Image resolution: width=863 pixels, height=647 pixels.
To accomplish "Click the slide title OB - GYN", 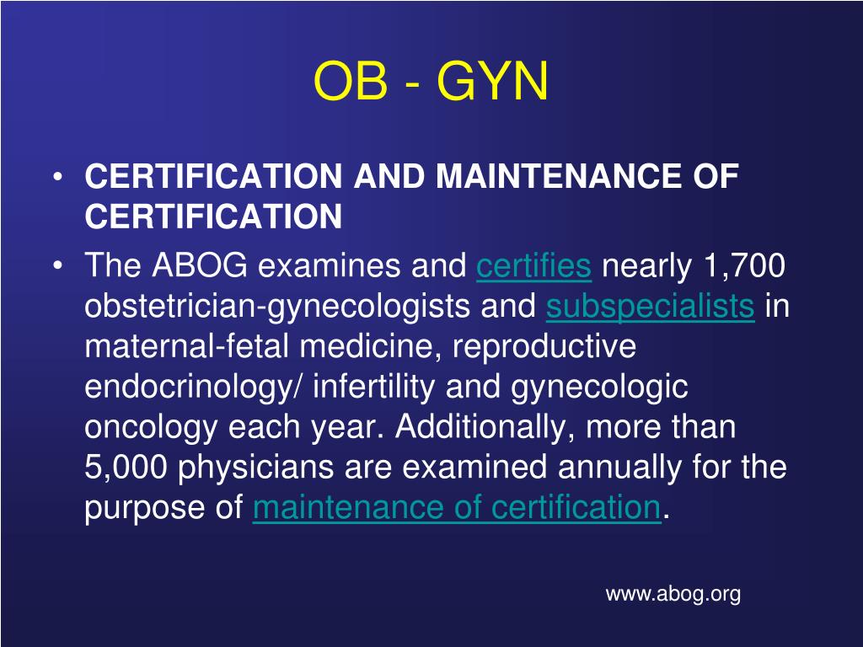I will click(x=431, y=83).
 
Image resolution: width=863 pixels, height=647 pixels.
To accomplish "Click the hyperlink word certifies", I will click(x=533, y=267).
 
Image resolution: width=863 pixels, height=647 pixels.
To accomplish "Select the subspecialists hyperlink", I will click(x=650, y=307).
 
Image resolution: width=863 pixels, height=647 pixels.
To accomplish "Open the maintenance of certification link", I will click(x=456, y=508).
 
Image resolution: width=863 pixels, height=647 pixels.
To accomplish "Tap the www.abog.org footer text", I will click(x=673, y=594).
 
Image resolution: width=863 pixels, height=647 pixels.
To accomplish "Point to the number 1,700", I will click(x=741, y=267).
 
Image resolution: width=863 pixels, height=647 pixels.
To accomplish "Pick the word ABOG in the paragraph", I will click(x=201, y=267).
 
